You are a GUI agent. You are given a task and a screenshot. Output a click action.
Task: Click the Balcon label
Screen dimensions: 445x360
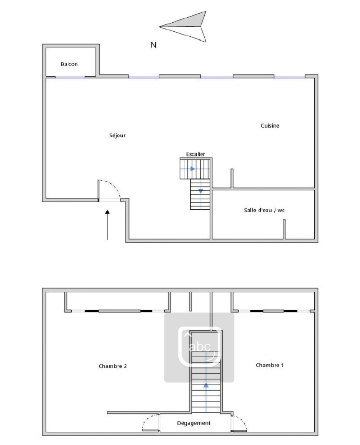coord(69,64)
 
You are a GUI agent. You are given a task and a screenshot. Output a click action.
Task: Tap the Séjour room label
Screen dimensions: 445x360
coord(117,135)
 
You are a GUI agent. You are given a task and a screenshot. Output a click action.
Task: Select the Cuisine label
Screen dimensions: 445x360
coord(270,126)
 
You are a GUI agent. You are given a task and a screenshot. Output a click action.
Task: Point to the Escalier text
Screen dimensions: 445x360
coord(195,154)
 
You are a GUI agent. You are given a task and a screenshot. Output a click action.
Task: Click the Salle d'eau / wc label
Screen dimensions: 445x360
coord(264,210)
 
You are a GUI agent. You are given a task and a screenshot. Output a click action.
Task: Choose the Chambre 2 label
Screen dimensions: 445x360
coord(112,366)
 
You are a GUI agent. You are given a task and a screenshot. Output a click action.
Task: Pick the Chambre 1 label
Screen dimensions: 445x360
coord(269,365)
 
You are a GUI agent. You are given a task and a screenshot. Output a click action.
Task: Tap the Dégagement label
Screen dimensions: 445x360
coord(194,423)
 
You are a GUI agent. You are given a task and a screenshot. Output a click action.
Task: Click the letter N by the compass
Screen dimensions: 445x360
coord(153,45)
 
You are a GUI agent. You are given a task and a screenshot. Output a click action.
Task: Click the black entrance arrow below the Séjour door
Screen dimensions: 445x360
coord(108,225)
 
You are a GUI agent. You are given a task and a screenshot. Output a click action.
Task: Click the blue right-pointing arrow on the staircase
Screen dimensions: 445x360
coord(192,169)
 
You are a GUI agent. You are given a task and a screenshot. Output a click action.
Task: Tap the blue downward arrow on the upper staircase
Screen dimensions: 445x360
coord(201,191)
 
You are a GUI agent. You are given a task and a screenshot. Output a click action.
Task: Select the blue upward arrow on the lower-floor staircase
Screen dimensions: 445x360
coord(206,386)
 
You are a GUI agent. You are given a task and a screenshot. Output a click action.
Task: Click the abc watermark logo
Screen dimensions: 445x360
coord(199,347)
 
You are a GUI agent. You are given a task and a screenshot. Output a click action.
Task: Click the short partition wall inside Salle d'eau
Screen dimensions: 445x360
coord(284,229)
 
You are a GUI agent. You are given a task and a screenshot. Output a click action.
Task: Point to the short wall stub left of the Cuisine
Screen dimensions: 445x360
coord(232,178)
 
